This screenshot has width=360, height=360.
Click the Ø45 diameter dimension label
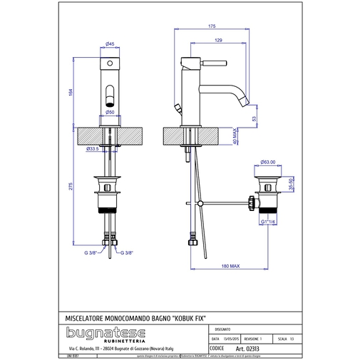(111, 45)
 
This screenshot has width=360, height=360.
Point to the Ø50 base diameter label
(111, 112)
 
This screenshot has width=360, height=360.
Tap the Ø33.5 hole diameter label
(91, 149)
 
